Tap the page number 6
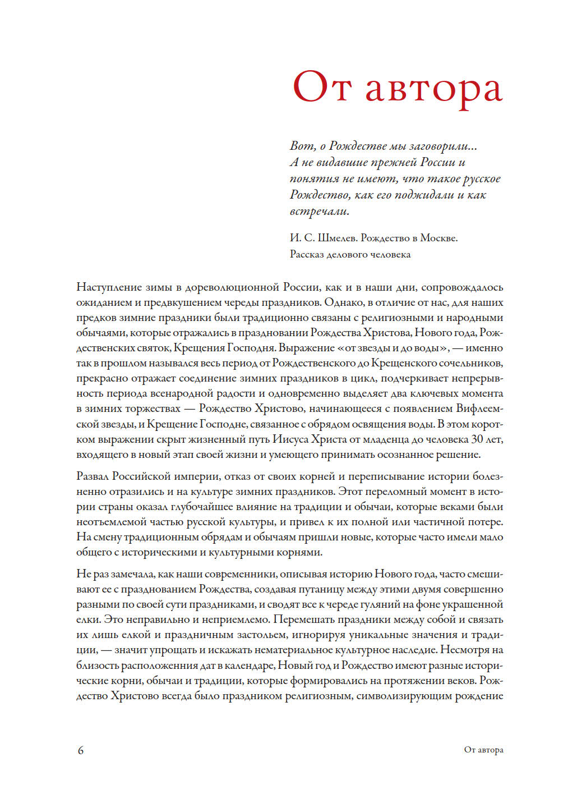pos(81,750)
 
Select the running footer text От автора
pos(483,750)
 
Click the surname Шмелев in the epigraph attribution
pos(338,238)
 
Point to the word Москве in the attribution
pos(439,238)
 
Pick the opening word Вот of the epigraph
pos(302,146)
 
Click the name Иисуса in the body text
pos(290,439)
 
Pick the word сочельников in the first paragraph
pos(470,363)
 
